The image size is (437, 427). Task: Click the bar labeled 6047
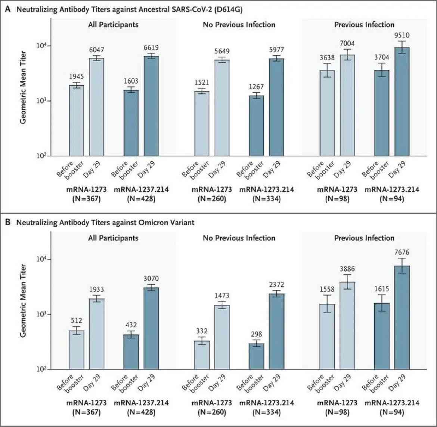pos(96,107)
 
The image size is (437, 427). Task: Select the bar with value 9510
pos(402,102)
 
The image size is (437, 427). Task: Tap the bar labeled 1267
pos(256,126)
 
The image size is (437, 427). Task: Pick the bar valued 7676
pos(402,318)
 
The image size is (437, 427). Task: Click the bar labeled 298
pos(256,356)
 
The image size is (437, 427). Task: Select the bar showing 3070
pos(151,329)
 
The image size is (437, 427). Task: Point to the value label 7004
pos(347,43)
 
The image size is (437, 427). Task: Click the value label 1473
pos(222,296)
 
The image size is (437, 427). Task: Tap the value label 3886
pos(347,269)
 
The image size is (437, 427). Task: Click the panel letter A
pos(8,9)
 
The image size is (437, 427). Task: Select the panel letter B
pos(8,222)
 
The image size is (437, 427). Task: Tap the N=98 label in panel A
pos(337,199)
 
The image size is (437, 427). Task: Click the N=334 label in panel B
pos(266,412)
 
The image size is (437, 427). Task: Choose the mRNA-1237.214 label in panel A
pos(141,189)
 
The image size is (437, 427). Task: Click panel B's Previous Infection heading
pos(364,238)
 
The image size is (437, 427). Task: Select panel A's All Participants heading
pos(113,25)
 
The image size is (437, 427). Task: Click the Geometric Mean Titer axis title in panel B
pos(23,300)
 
